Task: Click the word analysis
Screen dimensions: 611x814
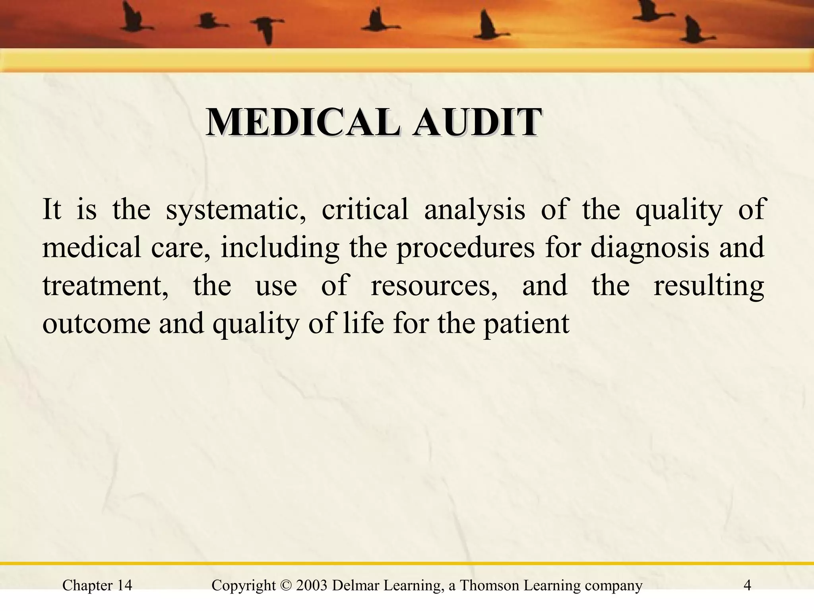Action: coord(475,210)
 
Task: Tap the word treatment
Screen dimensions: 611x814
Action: coord(106,286)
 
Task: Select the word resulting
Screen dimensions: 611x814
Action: coord(709,286)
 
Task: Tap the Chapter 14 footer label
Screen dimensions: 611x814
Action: coord(97,586)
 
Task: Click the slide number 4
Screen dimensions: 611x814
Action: coord(747,586)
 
